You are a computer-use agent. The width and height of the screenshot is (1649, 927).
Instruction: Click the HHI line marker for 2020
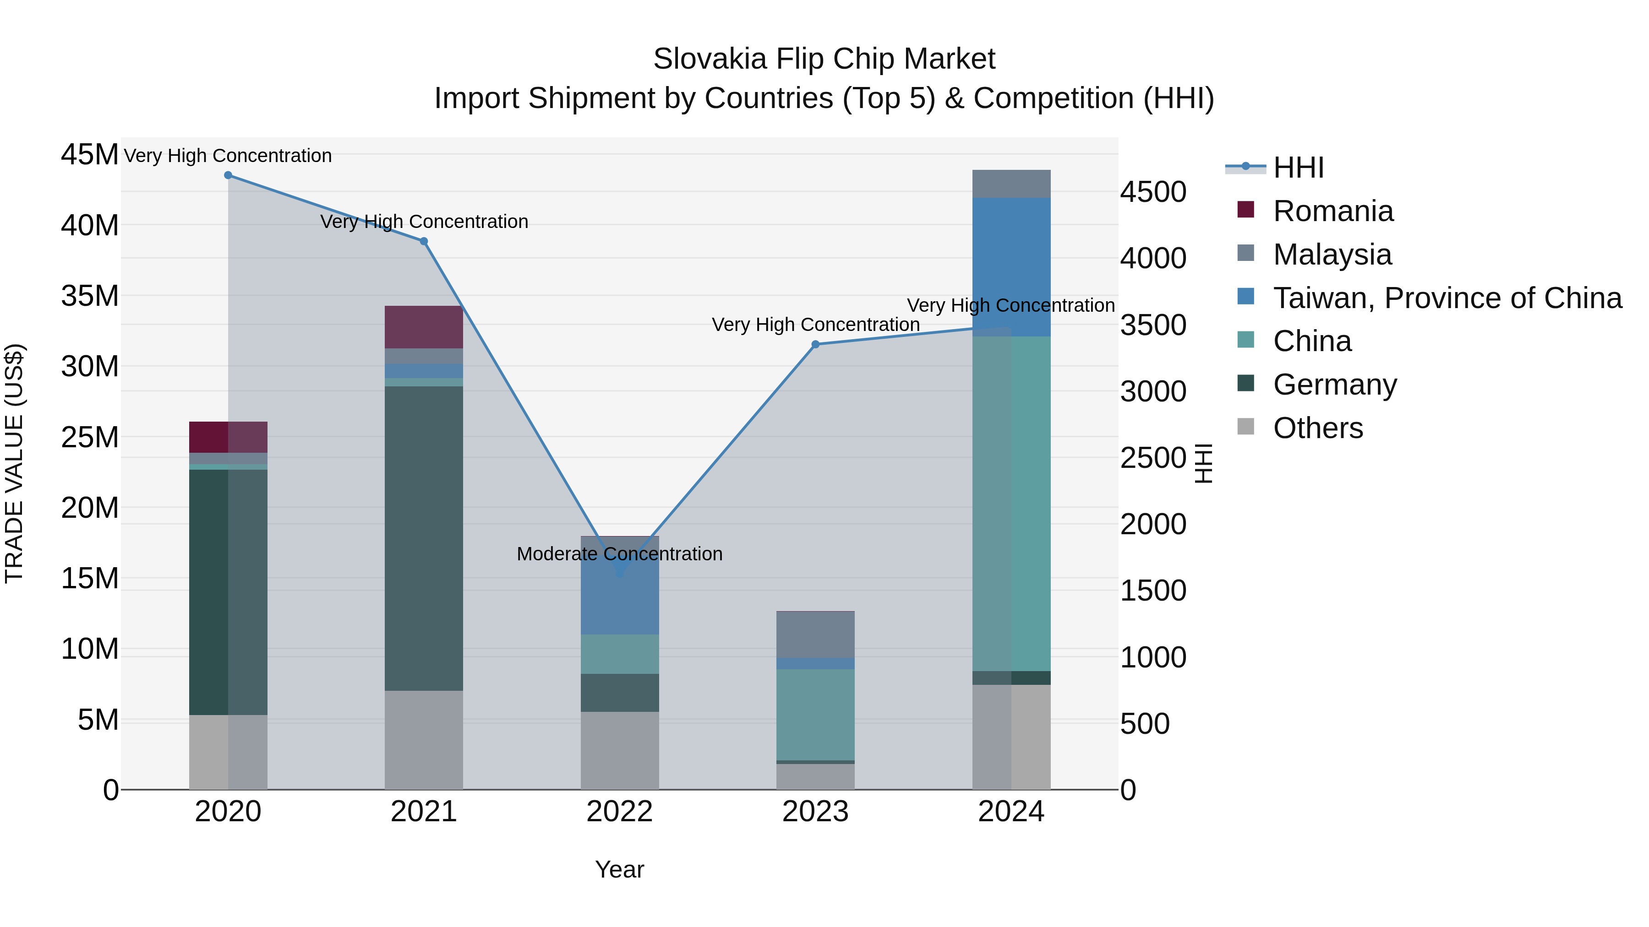tap(228, 175)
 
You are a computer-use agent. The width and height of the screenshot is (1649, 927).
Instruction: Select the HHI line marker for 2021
tap(424, 241)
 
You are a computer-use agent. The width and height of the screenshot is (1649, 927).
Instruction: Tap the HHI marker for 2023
tap(815, 344)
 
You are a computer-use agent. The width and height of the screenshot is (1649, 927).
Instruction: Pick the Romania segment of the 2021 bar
tap(424, 327)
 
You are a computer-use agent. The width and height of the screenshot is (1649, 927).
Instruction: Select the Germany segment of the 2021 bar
tap(424, 537)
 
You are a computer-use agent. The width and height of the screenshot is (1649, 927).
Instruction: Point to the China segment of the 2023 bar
tap(815, 715)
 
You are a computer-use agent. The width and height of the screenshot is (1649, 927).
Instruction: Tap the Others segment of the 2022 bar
tap(620, 750)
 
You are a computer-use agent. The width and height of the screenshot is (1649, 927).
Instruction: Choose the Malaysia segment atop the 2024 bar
tap(1011, 184)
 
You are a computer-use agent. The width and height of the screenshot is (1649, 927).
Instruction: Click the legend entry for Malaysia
tap(1332, 255)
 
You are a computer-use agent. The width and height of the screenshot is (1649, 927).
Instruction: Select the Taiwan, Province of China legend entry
tap(1447, 298)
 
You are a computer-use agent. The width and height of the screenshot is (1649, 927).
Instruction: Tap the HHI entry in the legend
tap(1298, 168)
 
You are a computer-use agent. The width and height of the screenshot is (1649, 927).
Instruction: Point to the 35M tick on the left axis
tap(90, 296)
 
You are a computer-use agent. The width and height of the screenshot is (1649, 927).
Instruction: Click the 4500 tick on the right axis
tap(1153, 192)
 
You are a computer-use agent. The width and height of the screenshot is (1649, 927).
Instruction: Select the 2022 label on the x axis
tap(620, 812)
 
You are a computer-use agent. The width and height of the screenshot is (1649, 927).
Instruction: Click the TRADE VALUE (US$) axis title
tap(14, 463)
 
